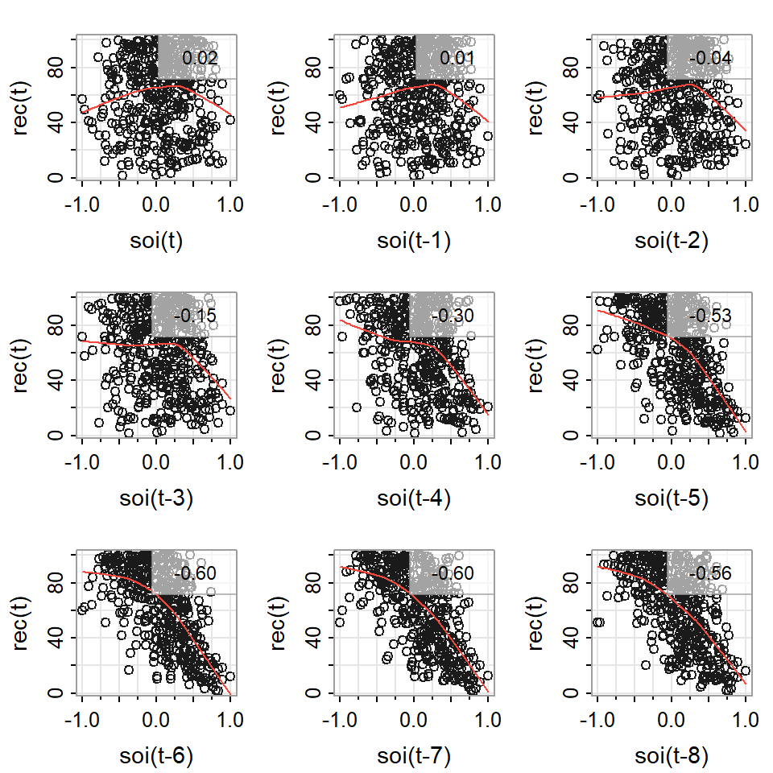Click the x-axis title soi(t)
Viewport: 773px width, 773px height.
(x=155, y=240)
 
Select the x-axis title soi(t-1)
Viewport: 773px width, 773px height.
(x=413, y=240)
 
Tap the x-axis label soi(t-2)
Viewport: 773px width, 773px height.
(x=671, y=240)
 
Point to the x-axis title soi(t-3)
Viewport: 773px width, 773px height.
(x=155, y=498)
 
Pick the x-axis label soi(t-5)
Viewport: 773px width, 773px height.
(x=671, y=498)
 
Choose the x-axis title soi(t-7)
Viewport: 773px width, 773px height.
(x=413, y=755)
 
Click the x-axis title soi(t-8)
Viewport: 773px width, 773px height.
(x=671, y=755)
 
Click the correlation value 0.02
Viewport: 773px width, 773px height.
(x=200, y=58)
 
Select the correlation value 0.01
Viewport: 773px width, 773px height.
(x=457, y=58)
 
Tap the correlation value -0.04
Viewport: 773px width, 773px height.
(x=711, y=58)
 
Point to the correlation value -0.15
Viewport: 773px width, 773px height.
(x=196, y=316)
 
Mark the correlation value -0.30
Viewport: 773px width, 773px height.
(x=453, y=316)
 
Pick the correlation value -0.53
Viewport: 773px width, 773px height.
(x=711, y=316)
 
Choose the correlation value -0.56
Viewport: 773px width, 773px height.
(x=711, y=573)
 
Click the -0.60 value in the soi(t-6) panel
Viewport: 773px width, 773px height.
(x=196, y=573)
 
